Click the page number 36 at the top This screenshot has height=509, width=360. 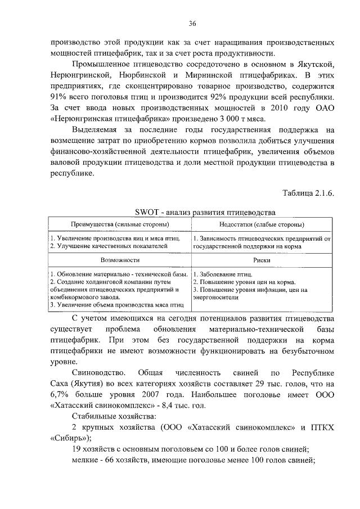[192, 23]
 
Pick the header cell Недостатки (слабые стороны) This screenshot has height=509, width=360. [262, 224]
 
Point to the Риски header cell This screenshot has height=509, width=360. [262, 261]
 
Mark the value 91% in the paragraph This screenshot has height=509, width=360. [57, 97]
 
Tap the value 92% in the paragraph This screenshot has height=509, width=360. [214, 97]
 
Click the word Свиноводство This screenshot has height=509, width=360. [101, 373]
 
